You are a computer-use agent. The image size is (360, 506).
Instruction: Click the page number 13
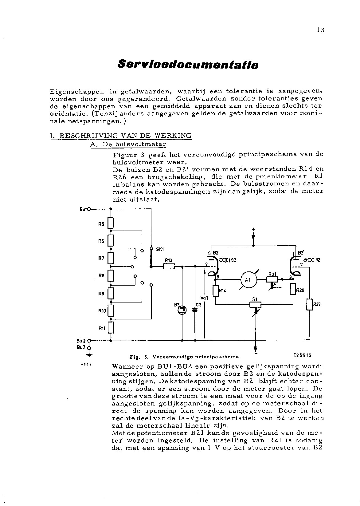pyautogui.click(x=320, y=30)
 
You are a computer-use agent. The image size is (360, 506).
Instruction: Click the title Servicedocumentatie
pyautogui.click(x=188, y=65)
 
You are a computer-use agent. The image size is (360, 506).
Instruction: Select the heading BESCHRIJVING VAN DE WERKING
pyautogui.click(x=125, y=136)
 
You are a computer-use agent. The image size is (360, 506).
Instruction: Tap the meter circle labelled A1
pyautogui.click(x=248, y=280)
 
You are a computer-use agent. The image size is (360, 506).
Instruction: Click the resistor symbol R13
pyautogui.click(x=169, y=267)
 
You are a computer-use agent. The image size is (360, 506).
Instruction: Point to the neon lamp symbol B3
pyautogui.click(x=182, y=310)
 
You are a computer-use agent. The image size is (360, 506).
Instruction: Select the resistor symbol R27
pyautogui.click(x=309, y=304)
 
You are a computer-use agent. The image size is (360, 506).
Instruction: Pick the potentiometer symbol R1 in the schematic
pyautogui.click(x=255, y=304)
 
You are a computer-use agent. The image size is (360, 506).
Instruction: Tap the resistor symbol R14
pyautogui.click(x=215, y=290)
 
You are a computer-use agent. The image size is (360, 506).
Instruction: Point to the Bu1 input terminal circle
pyautogui.click(x=89, y=209)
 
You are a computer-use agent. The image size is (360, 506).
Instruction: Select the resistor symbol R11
pyautogui.click(x=111, y=328)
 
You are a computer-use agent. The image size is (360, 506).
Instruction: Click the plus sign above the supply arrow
pyautogui.click(x=253, y=229)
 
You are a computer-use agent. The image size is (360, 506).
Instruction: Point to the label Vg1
pyautogui.click(x=204, y=298)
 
